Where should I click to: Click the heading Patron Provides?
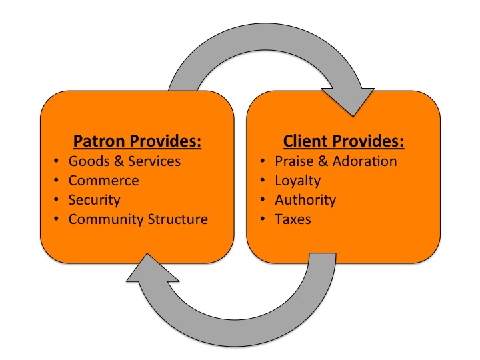point(137,141)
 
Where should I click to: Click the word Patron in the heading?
point(97,141)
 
